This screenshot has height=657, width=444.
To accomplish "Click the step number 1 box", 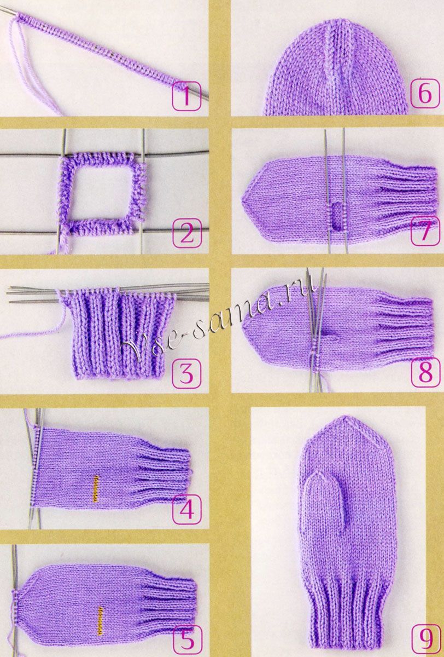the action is point(186,96).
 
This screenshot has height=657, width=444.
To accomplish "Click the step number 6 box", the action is point(425,94).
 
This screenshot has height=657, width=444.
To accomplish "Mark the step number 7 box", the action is point(425,230).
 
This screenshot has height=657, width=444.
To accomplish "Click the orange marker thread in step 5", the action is point(101,617).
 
